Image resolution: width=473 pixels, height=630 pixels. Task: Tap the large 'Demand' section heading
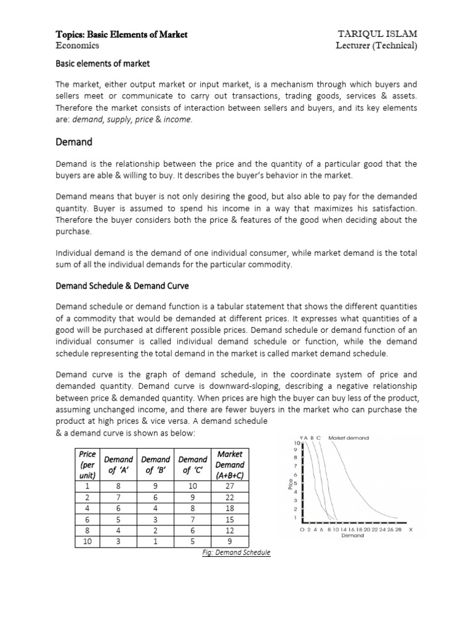pyautogui.click(x=74, y=142)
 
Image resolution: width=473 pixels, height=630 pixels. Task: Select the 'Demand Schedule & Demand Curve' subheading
pyautogui.click(x=122, y=286)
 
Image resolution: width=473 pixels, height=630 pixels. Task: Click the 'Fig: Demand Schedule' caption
pyautogui.click(x=236, y=552)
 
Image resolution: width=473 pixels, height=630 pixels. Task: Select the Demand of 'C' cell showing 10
pyautogui.click(x=193, y=485)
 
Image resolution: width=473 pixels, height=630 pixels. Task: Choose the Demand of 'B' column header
pyautogui.click(x=155, y=465)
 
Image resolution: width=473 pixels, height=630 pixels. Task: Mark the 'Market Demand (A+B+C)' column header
pyautogui.click(x=229, y=465)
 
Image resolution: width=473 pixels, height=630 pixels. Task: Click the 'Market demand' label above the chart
pyautogui.click(x=349, y=438)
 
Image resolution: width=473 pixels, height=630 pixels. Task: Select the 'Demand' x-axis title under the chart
pyautogui.click(x=353, y=535)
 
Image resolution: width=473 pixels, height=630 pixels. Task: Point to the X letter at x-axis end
pyautogui.click(x=410, y=529)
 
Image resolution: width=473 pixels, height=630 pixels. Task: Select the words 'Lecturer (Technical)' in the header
pyautogui.click(x=376, y=46)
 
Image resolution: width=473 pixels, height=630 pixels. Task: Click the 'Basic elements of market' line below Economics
pyautogui.click(x=103, y=63)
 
